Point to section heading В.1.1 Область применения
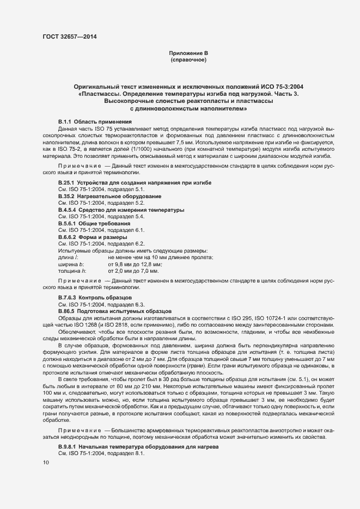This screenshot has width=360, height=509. click(95, 121)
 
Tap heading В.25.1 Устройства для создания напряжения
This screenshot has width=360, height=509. click(135, 181)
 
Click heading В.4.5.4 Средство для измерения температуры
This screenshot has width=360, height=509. click(121, 210)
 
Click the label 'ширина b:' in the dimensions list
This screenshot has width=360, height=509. click(71, 263)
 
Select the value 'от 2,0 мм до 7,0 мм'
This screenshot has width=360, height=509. click(133, 271)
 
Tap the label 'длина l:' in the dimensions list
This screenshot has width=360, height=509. click(68, 257)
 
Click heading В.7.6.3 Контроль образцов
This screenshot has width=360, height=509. click(95, 298)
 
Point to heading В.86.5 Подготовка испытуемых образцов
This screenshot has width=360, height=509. click(115, 311)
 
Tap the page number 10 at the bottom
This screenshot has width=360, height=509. click(46, 462)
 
